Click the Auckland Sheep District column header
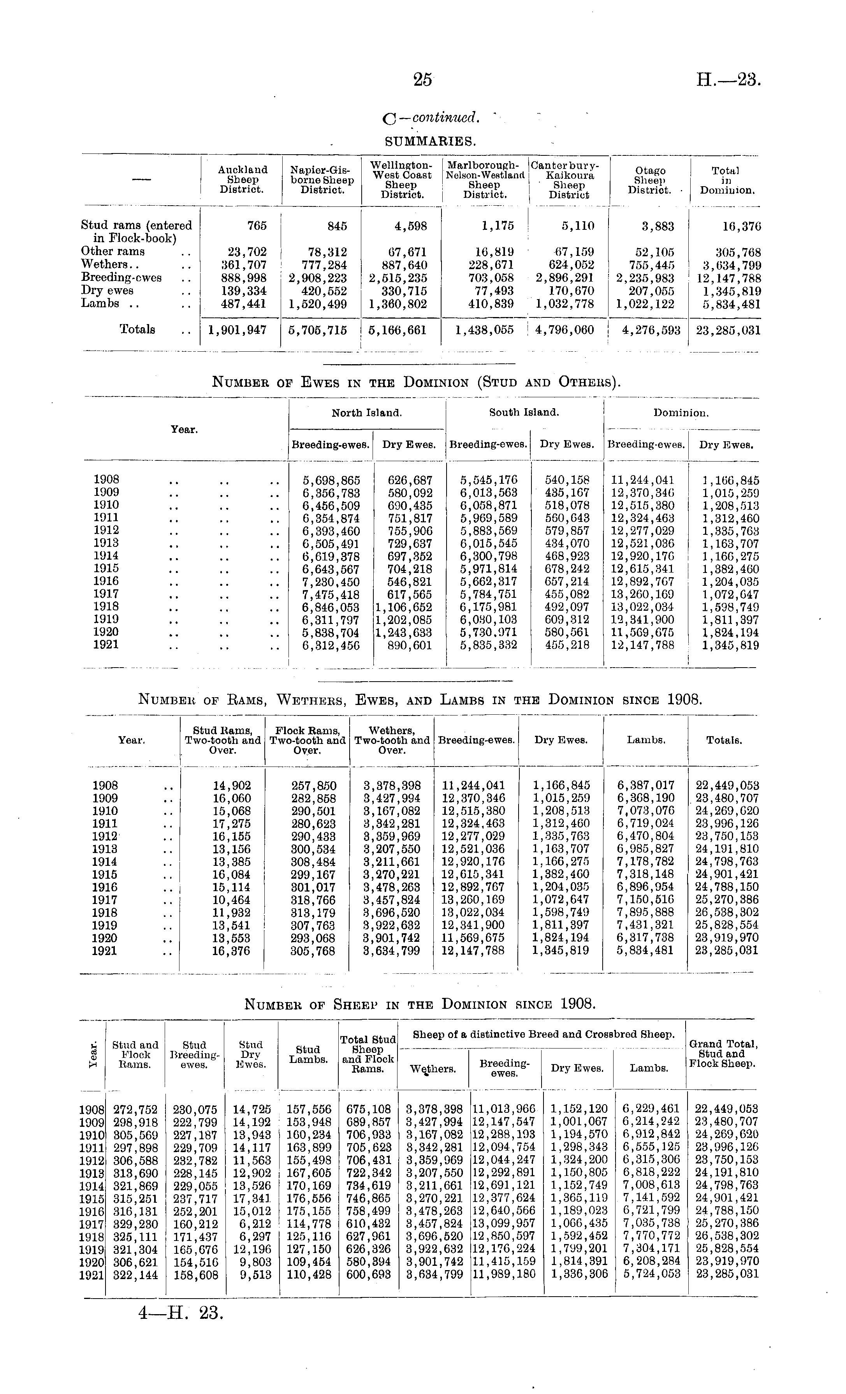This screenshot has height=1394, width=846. [x=243, y=179]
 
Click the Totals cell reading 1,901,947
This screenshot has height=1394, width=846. [x=237, y=330]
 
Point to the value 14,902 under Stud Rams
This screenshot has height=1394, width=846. [x=232, y=785]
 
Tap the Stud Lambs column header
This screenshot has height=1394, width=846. [x=308, y=1054]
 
